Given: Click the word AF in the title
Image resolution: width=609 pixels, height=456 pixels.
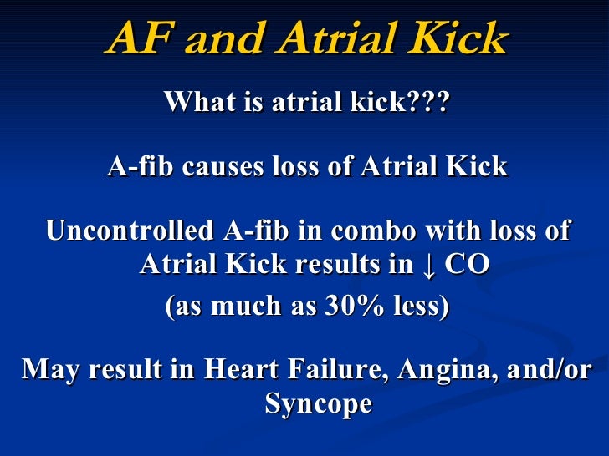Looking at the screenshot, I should (x=137, y=39).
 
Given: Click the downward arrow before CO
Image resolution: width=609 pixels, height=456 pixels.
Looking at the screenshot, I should (x=428, y=265).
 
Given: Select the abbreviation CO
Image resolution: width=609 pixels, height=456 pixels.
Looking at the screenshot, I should (x=465, y=265).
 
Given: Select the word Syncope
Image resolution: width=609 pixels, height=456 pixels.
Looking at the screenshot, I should (x=318, y=404).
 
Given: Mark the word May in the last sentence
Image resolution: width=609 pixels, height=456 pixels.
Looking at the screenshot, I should (x=49, y=369).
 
